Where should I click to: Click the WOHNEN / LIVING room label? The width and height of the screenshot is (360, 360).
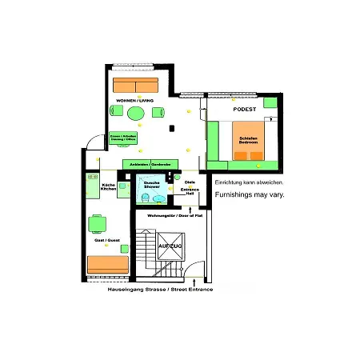[x=134, y=100]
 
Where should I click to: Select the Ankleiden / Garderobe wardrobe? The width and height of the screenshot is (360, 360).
[x=151, y=164]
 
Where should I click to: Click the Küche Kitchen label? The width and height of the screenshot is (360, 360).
[x=109, y=187]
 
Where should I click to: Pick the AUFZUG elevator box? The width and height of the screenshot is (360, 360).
[x=170, y=246]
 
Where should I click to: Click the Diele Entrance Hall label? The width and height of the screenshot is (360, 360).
[x=190, y=187]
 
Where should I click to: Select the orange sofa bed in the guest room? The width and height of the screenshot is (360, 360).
[x=106, y=263]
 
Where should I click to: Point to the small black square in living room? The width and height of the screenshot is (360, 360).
[x=171, y=127]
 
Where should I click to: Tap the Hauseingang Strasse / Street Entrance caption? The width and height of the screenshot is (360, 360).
[x=162, y=289]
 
